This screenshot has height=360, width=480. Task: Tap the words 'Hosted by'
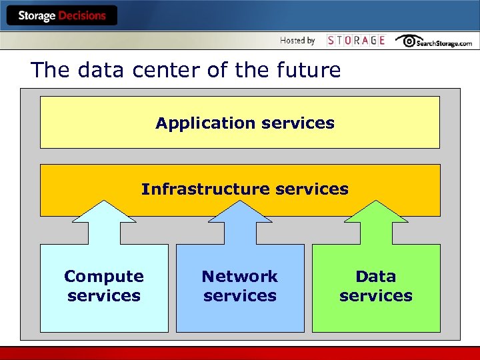point(297,41)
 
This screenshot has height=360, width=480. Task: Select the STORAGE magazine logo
point(356,41)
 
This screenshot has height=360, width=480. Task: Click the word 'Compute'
point(104,276)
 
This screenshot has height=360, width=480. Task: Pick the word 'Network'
point(240,276)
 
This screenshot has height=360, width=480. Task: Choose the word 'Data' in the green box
point(376,276)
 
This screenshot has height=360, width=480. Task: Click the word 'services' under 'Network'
point(240,295)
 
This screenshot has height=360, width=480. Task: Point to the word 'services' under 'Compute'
point(104,295)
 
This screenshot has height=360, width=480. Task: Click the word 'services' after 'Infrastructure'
point(311,189)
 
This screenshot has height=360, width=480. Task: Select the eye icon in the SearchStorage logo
point(407,41)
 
